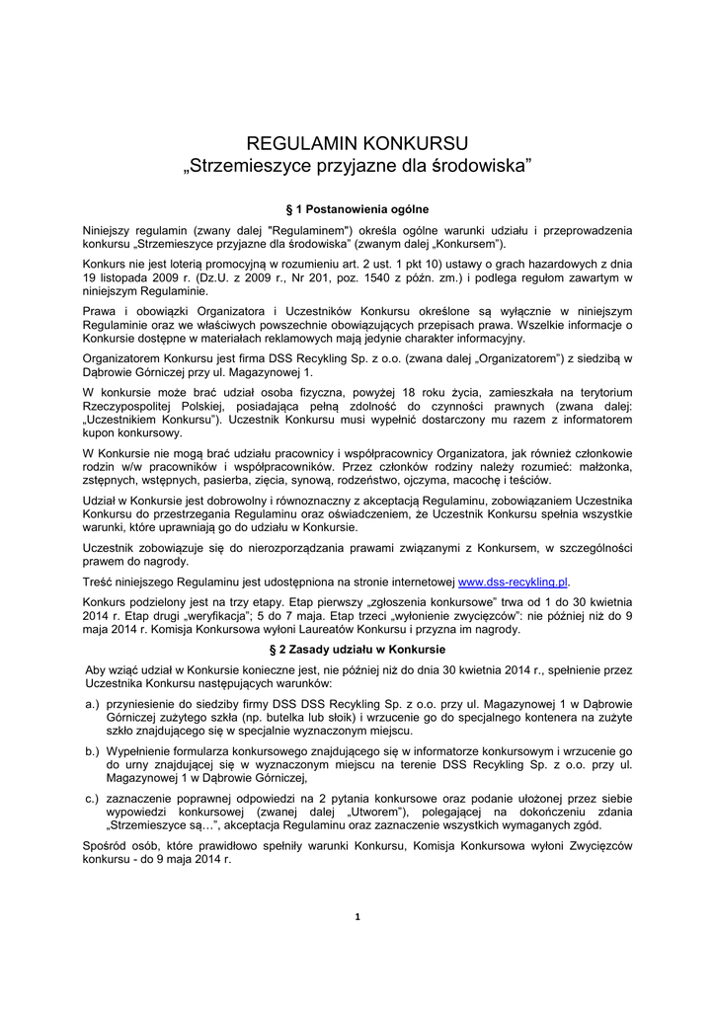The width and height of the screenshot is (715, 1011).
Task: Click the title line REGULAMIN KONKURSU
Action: [x=357, y=142]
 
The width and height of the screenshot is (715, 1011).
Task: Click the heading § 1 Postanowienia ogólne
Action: [x=357, y=208]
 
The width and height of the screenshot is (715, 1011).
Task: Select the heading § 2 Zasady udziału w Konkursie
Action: [x=357, y=650]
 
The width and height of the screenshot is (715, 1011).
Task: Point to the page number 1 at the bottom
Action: [x=357, y=917]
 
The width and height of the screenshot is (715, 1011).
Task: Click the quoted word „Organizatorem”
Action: [x=510, y=357]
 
